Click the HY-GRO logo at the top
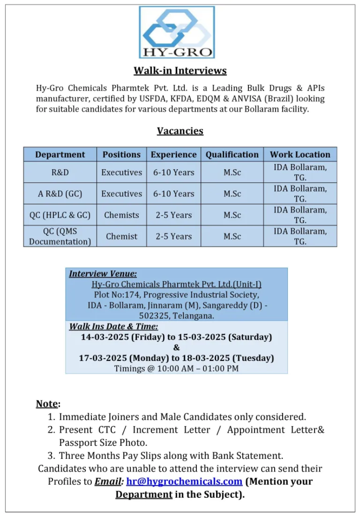pos(177,32)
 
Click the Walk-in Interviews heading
pos(180,71)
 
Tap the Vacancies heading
pos(180,131)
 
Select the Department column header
pos(60,154)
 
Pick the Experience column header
pos(174,154)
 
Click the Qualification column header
pos(232,154)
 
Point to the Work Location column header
pos(300,154)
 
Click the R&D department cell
pos(60,172)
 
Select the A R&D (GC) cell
pos(60,193)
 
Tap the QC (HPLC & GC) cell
pos(60,215)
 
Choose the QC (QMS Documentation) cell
pos(60,236)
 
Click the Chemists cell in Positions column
pos(122,215)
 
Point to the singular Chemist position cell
pos(122,236)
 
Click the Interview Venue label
pos(103,274)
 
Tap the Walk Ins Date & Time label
pos(114,327)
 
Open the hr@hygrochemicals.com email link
pos(184,481)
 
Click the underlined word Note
pos(46,403)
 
